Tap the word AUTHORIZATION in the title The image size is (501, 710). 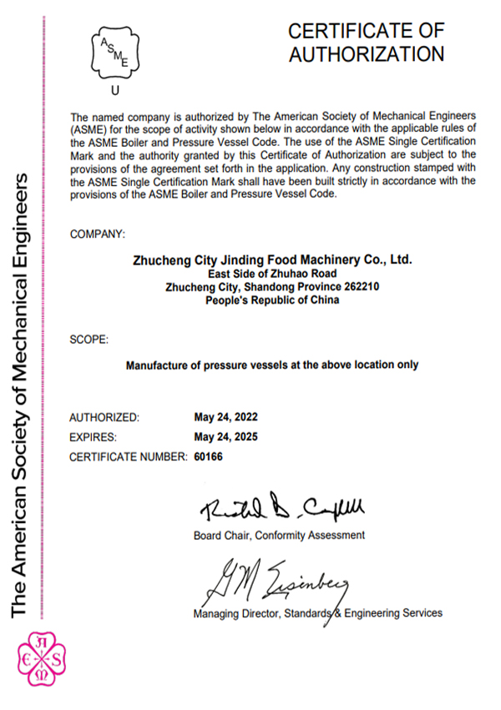366,54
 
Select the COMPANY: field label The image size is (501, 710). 98,234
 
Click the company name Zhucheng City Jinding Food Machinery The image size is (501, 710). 272,259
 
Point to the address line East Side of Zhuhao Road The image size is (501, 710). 272,274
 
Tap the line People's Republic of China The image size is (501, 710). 272,300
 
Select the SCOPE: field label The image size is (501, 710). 88,340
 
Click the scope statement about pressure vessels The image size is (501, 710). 271,365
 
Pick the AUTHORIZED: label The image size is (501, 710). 104,416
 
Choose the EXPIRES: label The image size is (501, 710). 93,436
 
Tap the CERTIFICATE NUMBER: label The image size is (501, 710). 127,456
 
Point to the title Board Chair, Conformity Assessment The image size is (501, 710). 279,534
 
